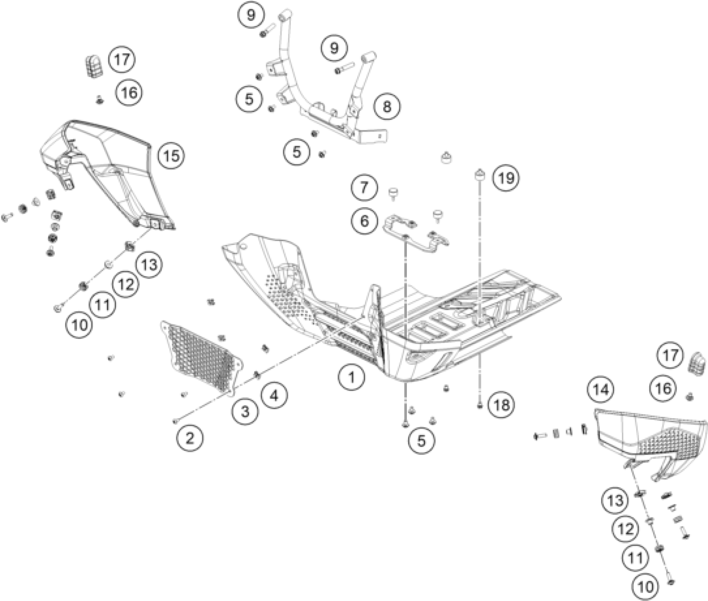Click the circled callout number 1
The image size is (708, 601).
[x=351, y=377]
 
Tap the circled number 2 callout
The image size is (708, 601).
[x=190, y=438]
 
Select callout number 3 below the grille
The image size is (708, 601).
[x=245, y=411]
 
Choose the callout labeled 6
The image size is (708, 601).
[x=364, y=221]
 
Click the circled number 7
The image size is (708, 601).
[x=364, y=187]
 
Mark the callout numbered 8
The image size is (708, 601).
[x=387, y=106]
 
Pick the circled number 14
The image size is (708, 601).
[x=601, y=390]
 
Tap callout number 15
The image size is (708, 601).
[x=172, y=156]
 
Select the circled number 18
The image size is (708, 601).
[x=501, y=404]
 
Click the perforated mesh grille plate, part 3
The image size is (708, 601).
[x=202, y=357]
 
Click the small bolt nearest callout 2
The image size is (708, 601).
[x=175, y=421]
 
